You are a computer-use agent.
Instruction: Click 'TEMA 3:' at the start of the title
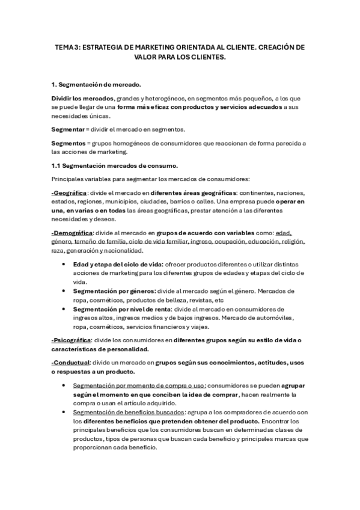[x=66, y=47]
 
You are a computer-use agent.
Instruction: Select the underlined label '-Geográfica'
[x=69, y=192]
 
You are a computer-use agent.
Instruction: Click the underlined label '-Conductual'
[x=71, y=363]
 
